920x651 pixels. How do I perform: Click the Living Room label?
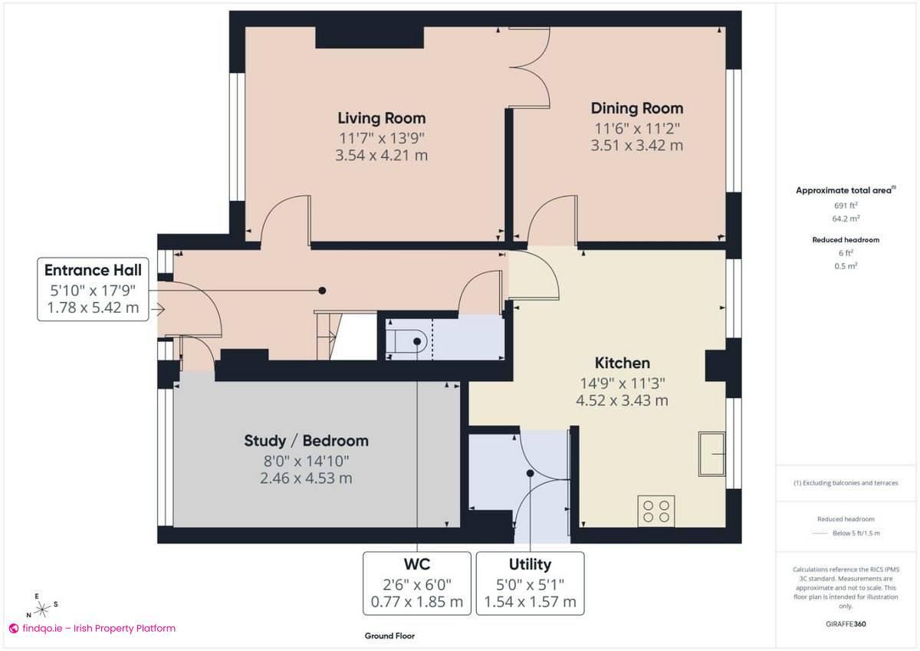coord(382,118)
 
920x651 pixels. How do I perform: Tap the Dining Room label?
coord(637,108)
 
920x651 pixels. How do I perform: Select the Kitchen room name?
coord(623,363)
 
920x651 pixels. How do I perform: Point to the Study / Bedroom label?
coord(306,441)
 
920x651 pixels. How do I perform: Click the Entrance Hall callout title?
coord(93,270)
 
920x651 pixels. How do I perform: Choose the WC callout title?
coord(417,564)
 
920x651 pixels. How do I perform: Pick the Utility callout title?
coord(530,565)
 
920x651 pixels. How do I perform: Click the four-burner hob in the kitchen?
coord(656,511)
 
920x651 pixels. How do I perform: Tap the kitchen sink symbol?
coord(711,454)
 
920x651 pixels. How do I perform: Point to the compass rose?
coord(42,607)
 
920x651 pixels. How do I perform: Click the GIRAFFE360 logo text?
coord(846,624)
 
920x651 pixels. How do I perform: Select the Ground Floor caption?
coord(389,636)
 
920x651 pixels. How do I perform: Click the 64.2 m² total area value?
coord(846,219)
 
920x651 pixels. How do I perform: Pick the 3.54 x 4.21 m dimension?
coord(382,155)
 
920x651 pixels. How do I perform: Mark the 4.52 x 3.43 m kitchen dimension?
coord(623,400)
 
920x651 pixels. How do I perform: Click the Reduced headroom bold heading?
coord(846,240)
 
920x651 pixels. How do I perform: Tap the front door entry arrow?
coord(158,309)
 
